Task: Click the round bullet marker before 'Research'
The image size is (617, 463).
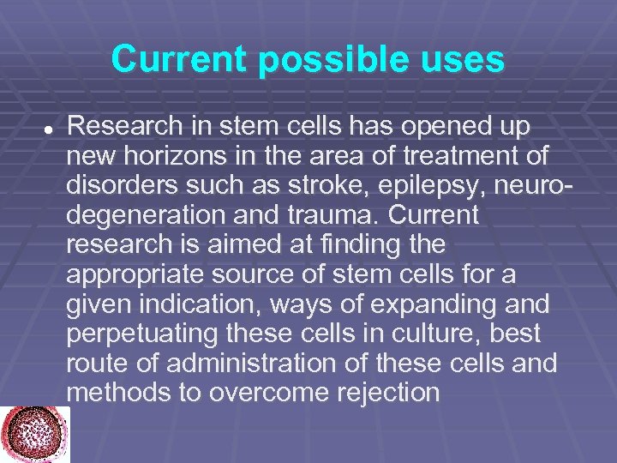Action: coord(49,127)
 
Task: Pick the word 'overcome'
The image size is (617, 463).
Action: coord(280,393)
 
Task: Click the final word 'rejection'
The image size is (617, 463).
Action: coord(390,393)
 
